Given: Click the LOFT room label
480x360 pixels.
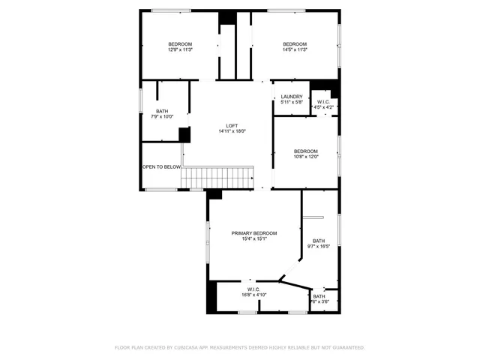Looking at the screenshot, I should point(232,125).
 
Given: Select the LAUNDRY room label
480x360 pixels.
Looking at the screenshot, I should point(292,96).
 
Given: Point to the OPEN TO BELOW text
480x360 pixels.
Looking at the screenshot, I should point(162,166).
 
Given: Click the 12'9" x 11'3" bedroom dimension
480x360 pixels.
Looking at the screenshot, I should point(180,49).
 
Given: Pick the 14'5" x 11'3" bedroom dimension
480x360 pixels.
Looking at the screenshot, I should point(295,49).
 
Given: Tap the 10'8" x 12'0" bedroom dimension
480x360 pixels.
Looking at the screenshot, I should point(306,157).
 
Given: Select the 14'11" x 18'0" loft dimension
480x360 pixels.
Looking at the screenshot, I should point(232,131).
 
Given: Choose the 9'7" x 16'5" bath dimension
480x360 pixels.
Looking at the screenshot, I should point(319,247).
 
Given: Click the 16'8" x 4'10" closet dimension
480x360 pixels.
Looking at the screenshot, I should point(253,295).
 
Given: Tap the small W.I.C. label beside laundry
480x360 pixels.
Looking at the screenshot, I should point(323,102).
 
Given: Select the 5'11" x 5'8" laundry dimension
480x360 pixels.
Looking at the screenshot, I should point(292,102).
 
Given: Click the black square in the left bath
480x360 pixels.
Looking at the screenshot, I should point(184,134).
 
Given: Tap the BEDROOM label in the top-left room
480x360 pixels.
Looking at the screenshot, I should point(180,43).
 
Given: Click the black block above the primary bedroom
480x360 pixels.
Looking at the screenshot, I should point(214,193).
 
